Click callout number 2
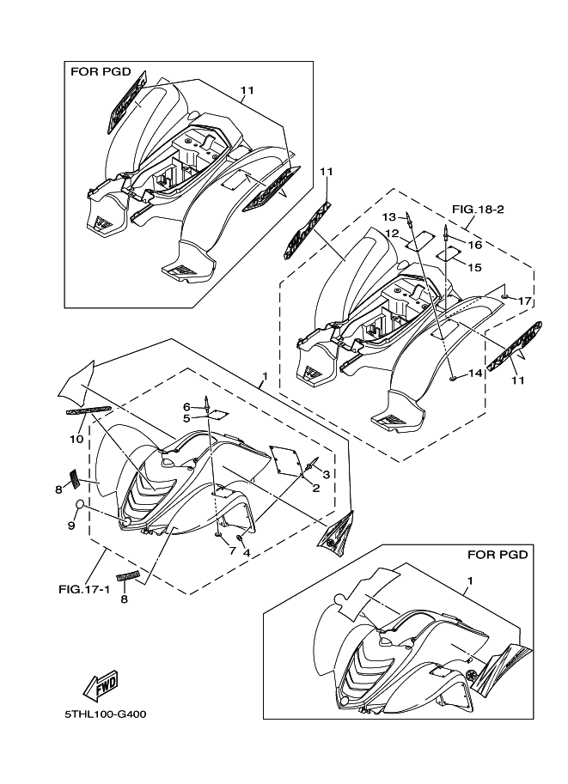tap(316, 489)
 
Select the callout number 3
tap(327, 473)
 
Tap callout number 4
tap(247, 553)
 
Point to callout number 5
tap(186, 418)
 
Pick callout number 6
tap(186, 406)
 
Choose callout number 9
tap(72, 526)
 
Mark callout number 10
tap(76, 439)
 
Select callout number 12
tap(391, 233)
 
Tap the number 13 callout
tap(388, 216)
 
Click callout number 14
tap(473, 374)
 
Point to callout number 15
tap(474, 267)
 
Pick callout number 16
tap(474, 245)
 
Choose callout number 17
tap(524, 301)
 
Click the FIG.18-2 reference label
tap(475, 209)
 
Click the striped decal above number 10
tap(89, 410)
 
